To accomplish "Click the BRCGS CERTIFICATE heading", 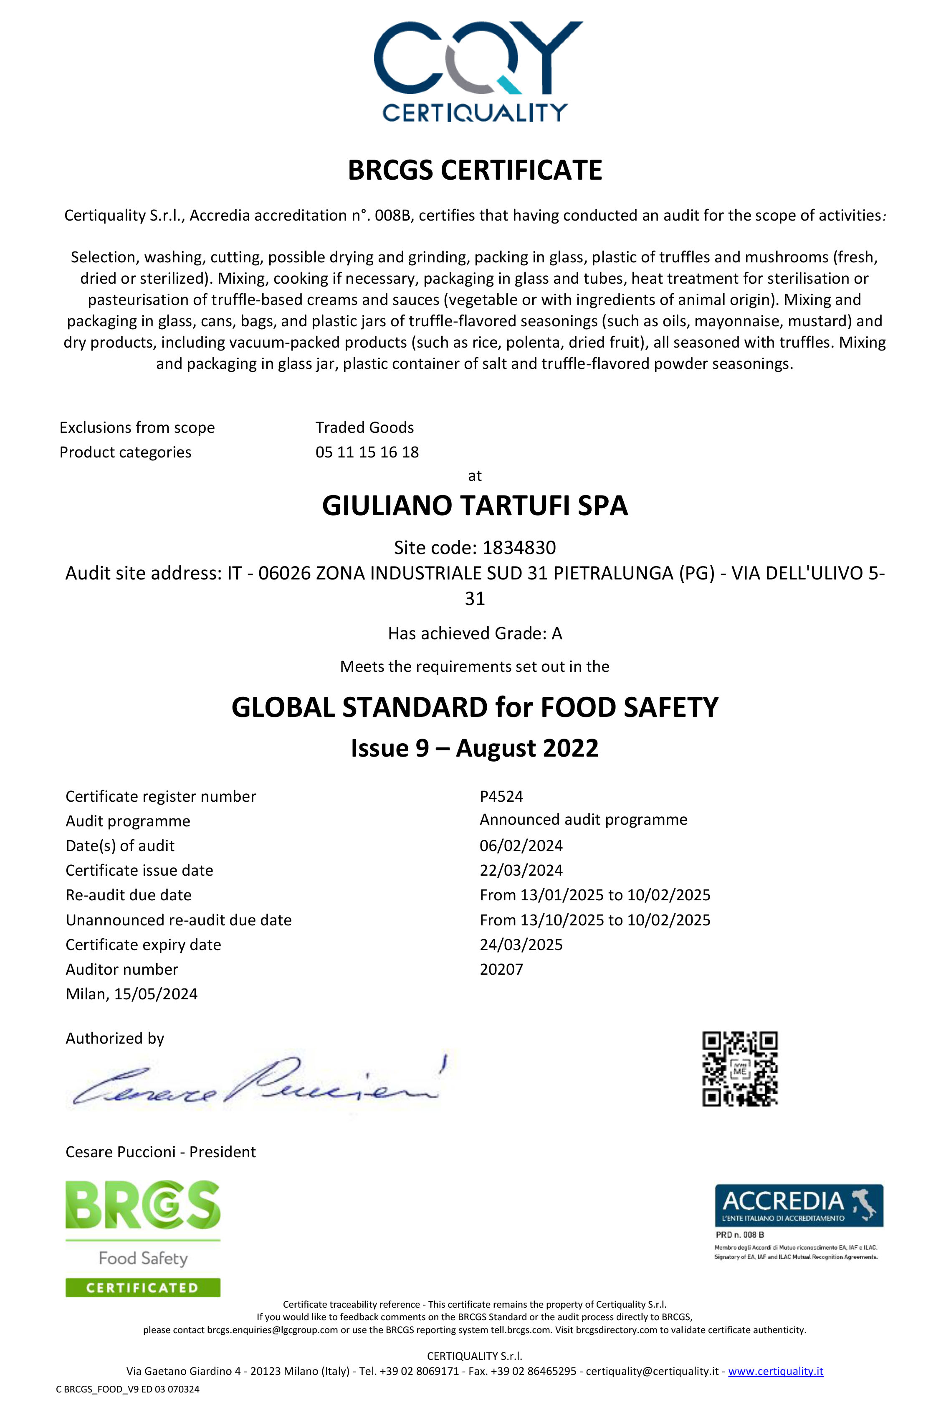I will click(475, 170).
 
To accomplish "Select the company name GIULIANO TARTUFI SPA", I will click(475, 506).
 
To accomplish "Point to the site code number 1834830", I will click(519, 548).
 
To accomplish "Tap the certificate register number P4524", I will click(501, 796).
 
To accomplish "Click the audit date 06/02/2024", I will click(521, 846).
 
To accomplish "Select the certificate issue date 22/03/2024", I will click(521, 870).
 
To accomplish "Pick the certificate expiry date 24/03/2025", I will click(521, 945).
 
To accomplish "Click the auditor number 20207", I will click(501, 969).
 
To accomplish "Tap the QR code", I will click(740, 1069).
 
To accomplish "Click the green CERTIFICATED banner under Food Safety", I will click(143, 1287).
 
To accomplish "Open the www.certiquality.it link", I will click(775, 1371).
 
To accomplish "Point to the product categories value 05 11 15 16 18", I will click(367, 452).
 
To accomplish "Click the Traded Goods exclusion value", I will click(364, 427).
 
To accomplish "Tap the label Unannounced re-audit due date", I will click(178, 920).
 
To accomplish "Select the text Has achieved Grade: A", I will click(475, 633).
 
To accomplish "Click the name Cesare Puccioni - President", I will click(160, 1152).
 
